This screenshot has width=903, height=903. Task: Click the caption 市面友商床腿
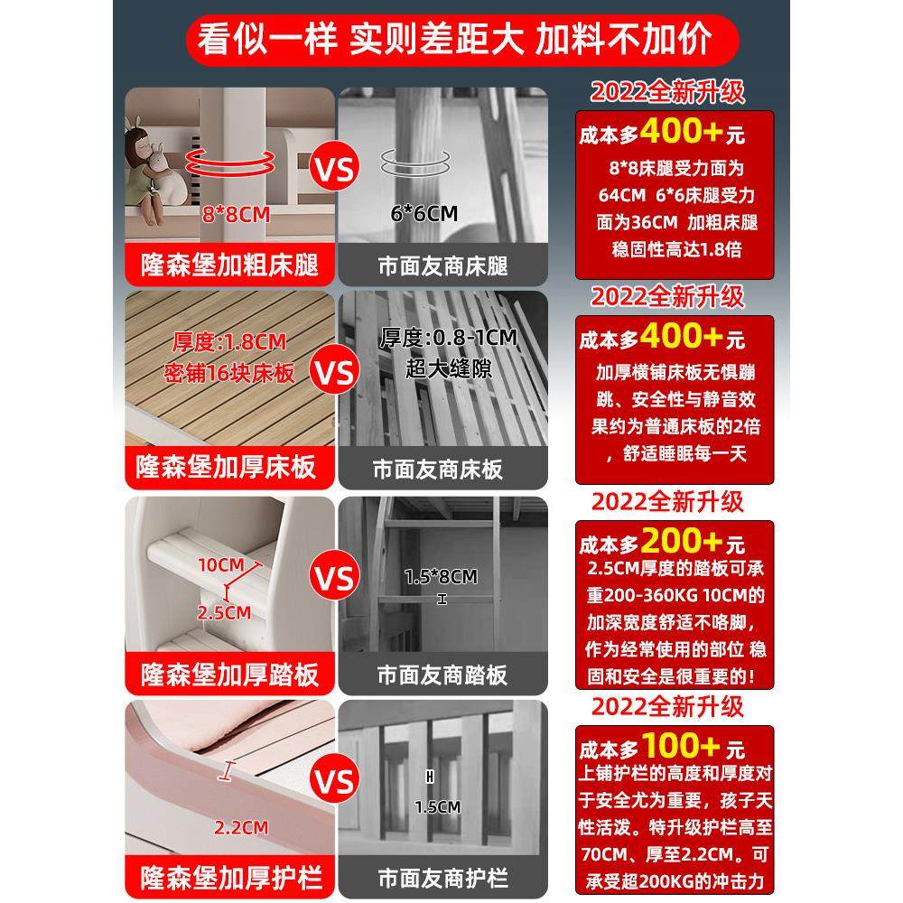pyautogui.click(x=442, y=265)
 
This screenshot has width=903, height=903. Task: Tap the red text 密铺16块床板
pyautogui.click(x=230, y=373)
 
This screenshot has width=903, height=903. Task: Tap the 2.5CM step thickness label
pyautogui.click(x=224, y=612)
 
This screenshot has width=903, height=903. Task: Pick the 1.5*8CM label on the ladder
pyautogui.click(x=442, y=576)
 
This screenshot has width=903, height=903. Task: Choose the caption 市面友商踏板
pyautogui.click(x=442, y=675)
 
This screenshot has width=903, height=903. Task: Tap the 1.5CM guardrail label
pyautogui.click(x=438, y=806)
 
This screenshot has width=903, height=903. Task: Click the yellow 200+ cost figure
pyautogui.click(x=680, y=542)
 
